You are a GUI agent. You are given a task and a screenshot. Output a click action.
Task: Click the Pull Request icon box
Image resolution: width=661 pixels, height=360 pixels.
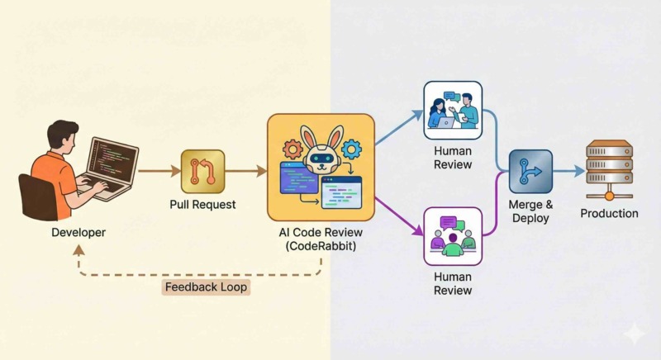[x=202, y=171]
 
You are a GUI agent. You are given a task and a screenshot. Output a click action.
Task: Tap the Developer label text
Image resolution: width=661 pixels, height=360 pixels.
[x=78, y=233]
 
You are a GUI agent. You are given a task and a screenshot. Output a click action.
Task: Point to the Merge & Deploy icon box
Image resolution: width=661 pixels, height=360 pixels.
[x=530, y=171]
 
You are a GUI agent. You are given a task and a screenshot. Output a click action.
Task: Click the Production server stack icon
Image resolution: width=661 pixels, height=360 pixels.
[x=609, y=169]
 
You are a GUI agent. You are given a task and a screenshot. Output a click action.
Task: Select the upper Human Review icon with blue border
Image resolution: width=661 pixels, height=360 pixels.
[x=452, y=110]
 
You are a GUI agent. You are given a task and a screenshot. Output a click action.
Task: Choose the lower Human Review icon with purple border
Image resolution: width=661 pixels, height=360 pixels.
[x=452, y=236]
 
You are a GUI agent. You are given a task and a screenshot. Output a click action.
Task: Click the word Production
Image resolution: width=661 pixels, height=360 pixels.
[x=609, y=213]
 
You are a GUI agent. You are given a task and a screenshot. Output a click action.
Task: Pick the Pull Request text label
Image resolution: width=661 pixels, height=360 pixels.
[x=203, y=204]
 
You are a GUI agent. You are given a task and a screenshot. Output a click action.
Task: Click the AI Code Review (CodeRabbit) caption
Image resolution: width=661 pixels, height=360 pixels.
[x=321, y=239]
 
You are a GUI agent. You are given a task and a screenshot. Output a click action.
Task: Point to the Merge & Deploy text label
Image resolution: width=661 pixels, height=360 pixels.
[x=530, y=211]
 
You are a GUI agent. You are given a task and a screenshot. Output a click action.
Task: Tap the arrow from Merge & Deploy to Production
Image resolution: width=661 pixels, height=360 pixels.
[x=568, y=171]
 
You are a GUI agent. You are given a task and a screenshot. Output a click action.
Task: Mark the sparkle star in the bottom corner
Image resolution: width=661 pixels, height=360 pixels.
[x=634, y=334]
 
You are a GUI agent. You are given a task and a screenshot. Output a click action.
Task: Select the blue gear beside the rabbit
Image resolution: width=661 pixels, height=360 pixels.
[x=352, y=149]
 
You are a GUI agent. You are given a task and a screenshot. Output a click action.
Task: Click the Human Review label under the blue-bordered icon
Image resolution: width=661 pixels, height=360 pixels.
[x=452, y=157]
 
